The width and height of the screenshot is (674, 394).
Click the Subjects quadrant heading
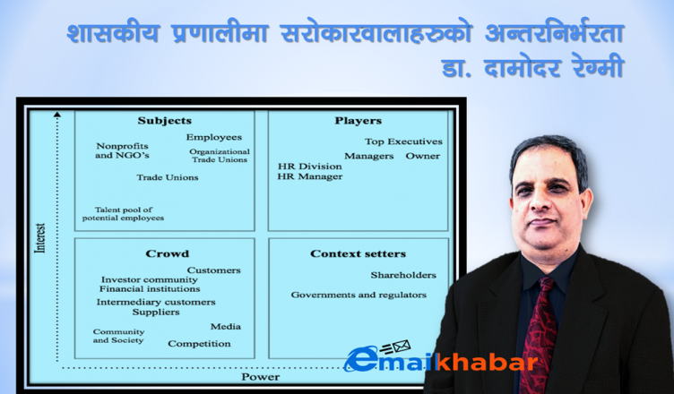click(x=165, y=121)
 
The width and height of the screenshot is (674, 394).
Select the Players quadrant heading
click(x=359, y=121)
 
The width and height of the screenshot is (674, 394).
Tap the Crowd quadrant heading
click(x=168, y=253)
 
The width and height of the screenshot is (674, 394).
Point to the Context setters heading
click(x=359, y=253)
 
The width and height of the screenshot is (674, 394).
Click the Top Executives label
click(x=403, y=141)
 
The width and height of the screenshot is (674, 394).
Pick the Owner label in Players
click(x=423, y=156)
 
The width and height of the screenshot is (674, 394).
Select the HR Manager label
click(x=310, y=176)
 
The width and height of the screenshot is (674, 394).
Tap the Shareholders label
click(x=403, y=275)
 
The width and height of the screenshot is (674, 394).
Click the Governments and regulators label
click(x=359, y=295)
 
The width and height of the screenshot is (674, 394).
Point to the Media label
click(x=226, y=327)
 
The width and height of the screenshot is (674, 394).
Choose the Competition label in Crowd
click(x=199, y=344)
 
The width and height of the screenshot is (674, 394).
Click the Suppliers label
click(x=156, y=312)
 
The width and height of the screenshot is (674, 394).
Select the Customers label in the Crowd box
click(x=213, y=270)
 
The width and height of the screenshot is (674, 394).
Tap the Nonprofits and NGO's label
click(x=122, y=150)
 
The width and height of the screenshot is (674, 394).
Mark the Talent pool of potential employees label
click(x=123, y=214)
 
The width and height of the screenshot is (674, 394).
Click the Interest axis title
click(x=40, y=238)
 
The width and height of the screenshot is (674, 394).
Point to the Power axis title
click(x=261, y=377)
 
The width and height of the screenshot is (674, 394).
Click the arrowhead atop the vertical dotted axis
click(x=57, y=115)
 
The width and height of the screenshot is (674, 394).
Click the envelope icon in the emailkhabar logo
click(x=401, y=346)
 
